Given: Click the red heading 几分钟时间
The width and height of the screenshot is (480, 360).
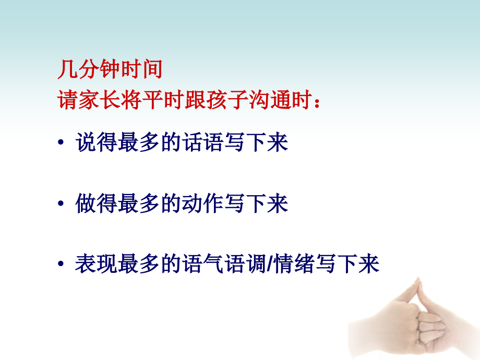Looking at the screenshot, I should point(110,69).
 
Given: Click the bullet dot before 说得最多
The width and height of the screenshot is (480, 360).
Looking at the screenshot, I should point(62,143).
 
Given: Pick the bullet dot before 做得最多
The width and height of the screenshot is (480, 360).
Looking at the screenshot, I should point(62,204).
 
